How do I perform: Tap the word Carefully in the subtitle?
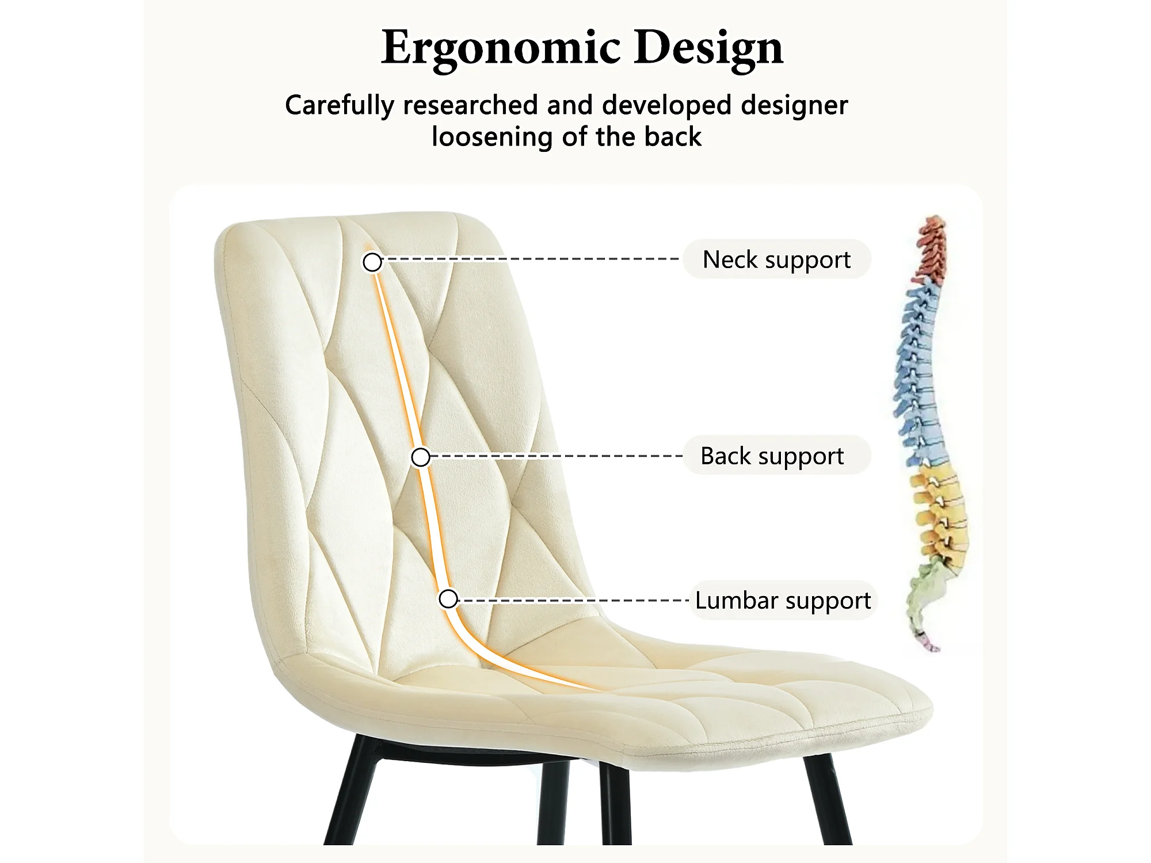pos(340,106)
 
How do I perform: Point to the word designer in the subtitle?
pos(794,106)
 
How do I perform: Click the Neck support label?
pos(776,259)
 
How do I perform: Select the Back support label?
pos(772,456)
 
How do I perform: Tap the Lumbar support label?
pos(783,600)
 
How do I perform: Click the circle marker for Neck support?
pos(372,262)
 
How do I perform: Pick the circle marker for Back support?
pos(421,457)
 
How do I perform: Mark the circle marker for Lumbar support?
pos(448,599)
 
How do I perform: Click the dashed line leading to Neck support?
pos(529,259)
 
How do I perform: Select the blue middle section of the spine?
pos(918,374)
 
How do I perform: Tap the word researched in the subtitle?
pos(471,106)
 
